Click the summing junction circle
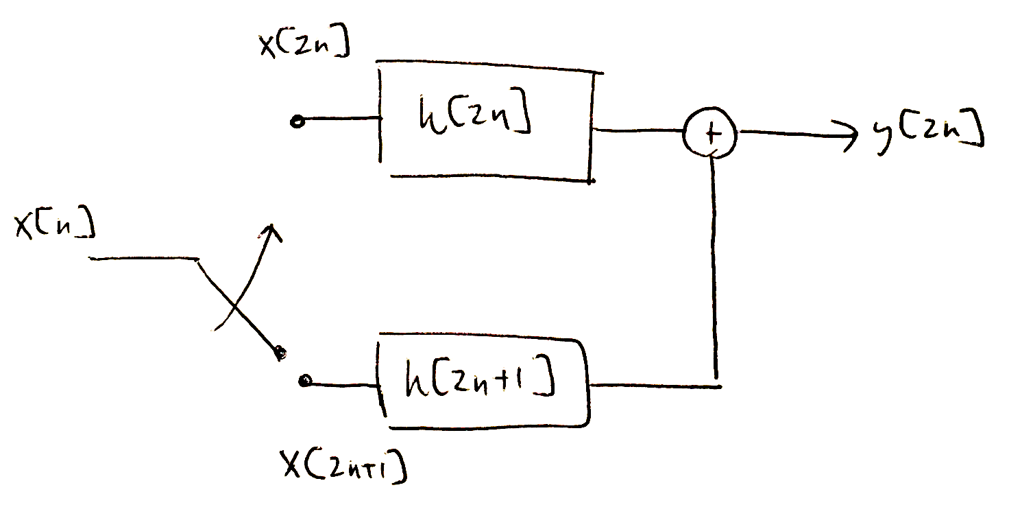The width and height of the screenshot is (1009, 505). pyautogui.click(x=709, y=132)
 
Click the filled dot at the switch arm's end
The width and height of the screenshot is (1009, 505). pyautogui.click(x=280, y=354)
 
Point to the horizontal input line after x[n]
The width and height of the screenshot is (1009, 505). pyautogui.click(x=144, y=259)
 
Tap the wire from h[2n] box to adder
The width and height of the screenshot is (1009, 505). pyautogui.click(x=637, y=130)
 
